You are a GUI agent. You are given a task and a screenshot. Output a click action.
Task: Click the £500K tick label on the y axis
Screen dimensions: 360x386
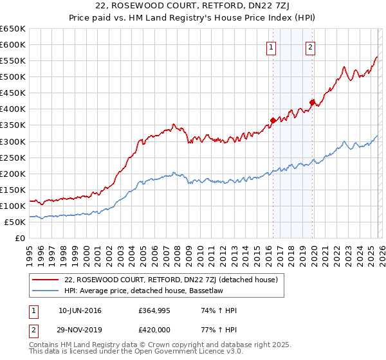(x=13, y=76)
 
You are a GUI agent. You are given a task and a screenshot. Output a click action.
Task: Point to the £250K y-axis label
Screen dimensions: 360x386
(x=13, y=157)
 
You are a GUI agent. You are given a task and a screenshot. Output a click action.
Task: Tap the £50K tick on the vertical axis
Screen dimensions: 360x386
(x=15, y=222)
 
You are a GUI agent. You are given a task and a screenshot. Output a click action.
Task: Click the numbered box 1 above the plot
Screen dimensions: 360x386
(x=271, y=47)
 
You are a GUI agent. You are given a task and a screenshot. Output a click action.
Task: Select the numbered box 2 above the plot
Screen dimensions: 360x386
(x=310, y=47)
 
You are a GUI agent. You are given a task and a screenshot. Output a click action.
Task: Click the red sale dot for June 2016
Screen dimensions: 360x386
(x=273, y=120)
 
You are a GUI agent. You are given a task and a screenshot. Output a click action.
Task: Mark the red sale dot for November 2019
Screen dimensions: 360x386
(x=312, y=102)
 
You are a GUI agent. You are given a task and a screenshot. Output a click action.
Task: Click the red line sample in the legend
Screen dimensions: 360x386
(x=46, y=280)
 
